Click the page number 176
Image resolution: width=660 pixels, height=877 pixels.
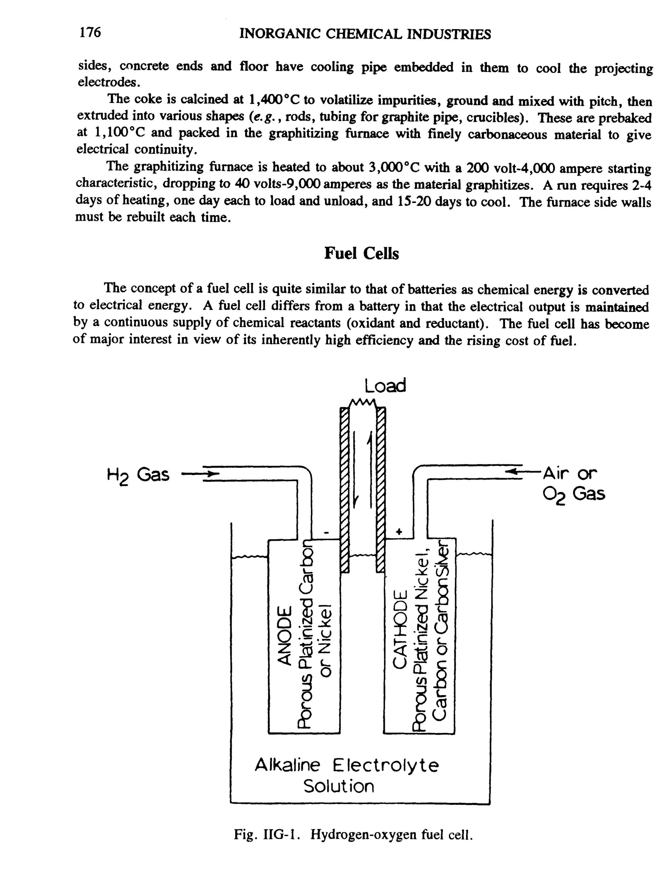pyautogui.click(x=90, y=33)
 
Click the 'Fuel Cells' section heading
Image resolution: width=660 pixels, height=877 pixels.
pyautogui.click(x=361, y=253)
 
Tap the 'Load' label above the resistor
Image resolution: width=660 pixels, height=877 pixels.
pyautogui.click(x=385, y=386)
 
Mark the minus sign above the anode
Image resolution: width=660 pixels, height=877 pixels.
pyautogui.click(x=326, y=532)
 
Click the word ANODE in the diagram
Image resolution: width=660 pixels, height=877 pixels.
pyautogui.click(x=285, y=634)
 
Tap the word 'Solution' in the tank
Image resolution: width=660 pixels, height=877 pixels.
pyautogui.click(x=339, y=787)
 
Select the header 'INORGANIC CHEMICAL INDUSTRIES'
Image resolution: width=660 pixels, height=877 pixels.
pyautogui.click(x=365, y=34)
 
